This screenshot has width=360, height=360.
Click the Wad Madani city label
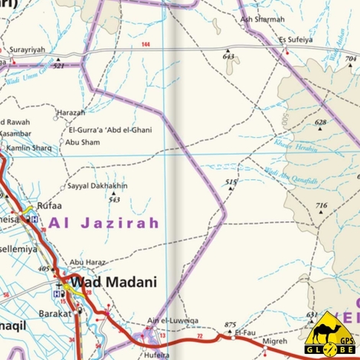tap(113, 281)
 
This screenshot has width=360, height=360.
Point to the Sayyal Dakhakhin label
tap(97, 186)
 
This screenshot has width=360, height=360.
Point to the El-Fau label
tap(244, 332)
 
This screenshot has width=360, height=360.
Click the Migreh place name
tap(274, 342)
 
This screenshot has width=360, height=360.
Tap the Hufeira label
tap(156, 355)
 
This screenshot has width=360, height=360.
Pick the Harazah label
tap(71, 112)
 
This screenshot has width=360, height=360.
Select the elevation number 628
tap(320, 123)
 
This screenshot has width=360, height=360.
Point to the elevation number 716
tap(322, 205)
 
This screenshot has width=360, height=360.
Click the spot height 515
tap(231, 181)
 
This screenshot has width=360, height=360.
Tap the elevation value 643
tap(228, 57)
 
